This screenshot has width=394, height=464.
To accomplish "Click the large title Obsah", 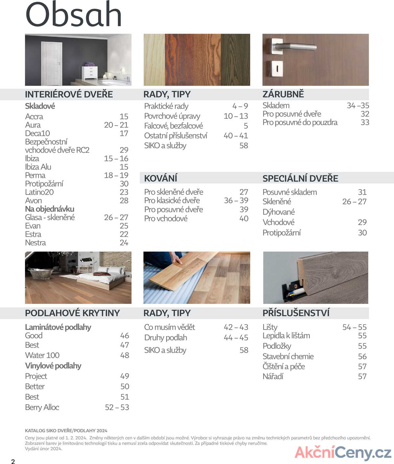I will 74,15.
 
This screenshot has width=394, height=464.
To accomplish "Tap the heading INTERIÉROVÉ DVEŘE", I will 69,95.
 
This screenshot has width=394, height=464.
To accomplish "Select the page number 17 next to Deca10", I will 124,134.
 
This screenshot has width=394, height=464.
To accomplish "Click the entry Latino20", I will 39,192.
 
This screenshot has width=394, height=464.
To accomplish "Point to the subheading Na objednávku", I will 50,209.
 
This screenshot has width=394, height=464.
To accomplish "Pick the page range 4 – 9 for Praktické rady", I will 240,106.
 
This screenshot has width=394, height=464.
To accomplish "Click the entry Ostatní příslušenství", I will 176,136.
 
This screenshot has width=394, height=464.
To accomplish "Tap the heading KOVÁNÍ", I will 161,178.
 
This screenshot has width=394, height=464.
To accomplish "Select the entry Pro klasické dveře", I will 172,200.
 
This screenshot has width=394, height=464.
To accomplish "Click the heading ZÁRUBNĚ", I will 283,94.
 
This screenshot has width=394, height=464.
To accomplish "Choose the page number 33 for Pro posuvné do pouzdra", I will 365,122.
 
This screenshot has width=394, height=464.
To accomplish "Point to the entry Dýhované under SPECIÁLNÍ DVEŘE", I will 278,212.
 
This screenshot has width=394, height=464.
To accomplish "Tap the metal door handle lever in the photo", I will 295,47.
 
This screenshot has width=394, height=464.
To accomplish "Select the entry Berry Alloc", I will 42,408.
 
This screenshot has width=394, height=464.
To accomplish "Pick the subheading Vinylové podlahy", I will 53,366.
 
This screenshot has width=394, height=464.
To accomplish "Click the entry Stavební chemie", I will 288,356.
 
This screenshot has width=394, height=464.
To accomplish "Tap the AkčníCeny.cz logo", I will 343,453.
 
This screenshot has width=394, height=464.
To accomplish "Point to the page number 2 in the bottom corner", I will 13,461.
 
